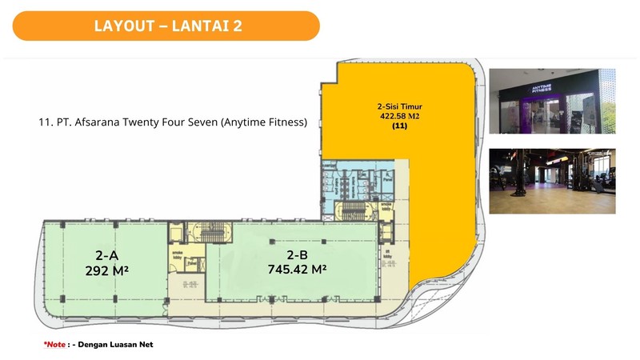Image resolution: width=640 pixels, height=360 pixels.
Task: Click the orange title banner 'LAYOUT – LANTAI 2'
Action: (x=166, y=26)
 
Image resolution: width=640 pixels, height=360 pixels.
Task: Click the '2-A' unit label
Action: (x=108, y=256)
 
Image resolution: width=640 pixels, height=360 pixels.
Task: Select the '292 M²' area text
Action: (x=108, y=271)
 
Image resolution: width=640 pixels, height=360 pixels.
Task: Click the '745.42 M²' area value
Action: (x=298, y=270)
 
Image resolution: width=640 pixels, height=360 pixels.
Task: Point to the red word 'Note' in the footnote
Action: (x=56, y=344)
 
